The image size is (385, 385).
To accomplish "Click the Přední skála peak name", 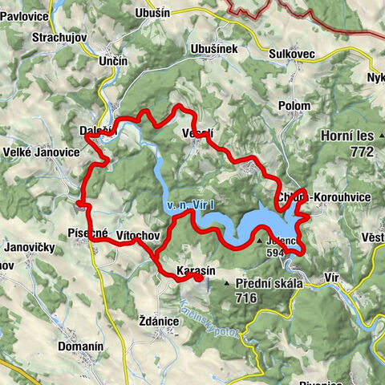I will [x=267, y=284].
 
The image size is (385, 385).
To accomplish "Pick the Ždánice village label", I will [x=157, y=320].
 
